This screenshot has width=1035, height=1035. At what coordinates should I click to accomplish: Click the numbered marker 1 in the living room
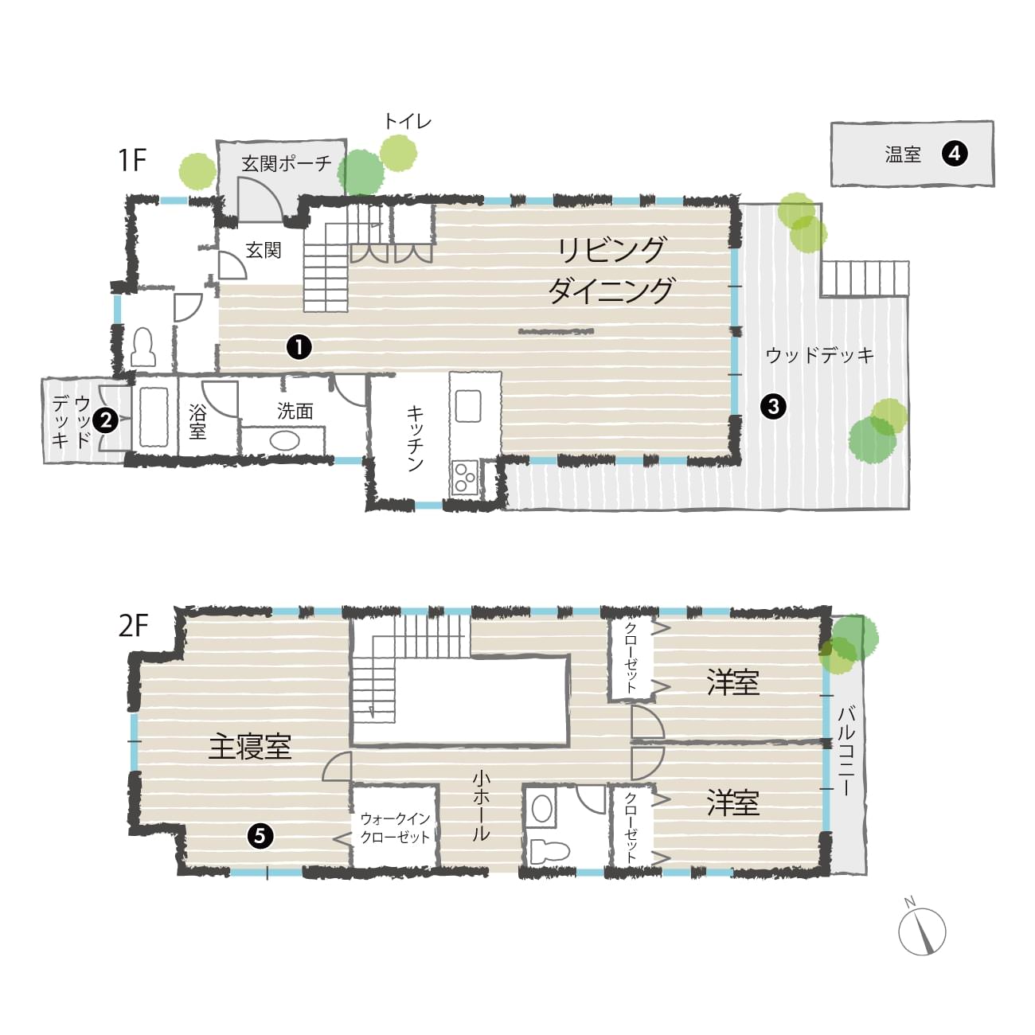click(x=299, y=347)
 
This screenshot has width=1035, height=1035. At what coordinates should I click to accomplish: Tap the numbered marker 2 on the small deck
click(x=106, y=420)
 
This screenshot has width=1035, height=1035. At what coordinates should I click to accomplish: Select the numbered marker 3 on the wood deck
click(x=773, y=407)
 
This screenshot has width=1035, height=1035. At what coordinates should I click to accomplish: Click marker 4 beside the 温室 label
click(x=955, y=154)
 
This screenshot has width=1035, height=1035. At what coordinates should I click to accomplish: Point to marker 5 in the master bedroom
click(x=260, y=836)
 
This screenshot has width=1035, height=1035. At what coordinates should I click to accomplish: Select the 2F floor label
click(x=133, y=625)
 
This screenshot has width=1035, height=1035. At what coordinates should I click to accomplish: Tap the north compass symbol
click(x=922, y=931)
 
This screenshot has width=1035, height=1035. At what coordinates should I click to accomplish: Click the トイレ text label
click(x=408, y=121)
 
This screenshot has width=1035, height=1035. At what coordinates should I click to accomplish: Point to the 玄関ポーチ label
click(x=287, y=163)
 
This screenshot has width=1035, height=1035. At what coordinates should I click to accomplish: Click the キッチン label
click(x=415, y=439)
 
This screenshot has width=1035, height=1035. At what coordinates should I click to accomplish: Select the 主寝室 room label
click(x=250, y=747)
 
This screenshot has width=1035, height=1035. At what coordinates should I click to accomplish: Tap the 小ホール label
click(x=481, y=807)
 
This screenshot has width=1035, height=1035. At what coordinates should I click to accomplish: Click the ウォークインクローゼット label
click(x=396, y=828)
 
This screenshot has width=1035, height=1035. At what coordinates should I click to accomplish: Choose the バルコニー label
click(x=847, y=751)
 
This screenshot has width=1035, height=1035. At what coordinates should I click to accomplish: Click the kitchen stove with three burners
click(x=465, y=476)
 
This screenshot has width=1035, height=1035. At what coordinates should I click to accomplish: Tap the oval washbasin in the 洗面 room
click(x=284, y=441)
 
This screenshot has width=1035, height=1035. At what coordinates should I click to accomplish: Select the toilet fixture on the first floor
click(x=143, y=347)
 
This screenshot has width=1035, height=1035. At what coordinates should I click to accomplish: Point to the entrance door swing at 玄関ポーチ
click(x=260, y=200)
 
